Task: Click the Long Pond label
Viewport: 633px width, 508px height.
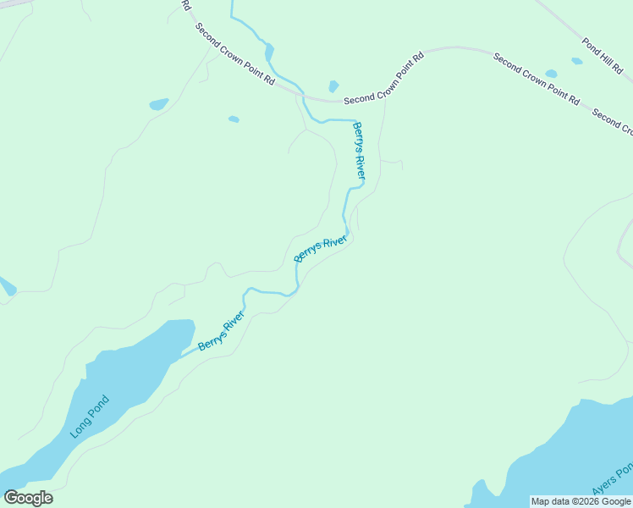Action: (x=91, y=417)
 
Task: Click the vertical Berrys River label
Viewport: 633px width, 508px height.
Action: (x=359, y=150)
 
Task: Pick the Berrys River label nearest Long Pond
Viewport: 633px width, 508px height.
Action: (x=221, y=332)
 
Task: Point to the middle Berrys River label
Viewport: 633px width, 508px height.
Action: (x=321, y=249)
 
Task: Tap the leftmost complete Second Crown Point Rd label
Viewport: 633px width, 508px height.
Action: (x=235, y=53)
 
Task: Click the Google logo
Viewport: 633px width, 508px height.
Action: (x=28, y=498)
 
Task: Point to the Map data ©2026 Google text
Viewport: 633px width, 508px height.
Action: (x=581, y=501)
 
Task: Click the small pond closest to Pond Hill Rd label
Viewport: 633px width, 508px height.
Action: (x=576, y=61)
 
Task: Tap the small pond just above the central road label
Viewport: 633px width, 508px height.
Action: (x=333, y=86)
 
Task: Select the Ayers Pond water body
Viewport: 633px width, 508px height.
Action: (x=559, y=457)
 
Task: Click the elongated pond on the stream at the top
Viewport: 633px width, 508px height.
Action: (x=269, y=52)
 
